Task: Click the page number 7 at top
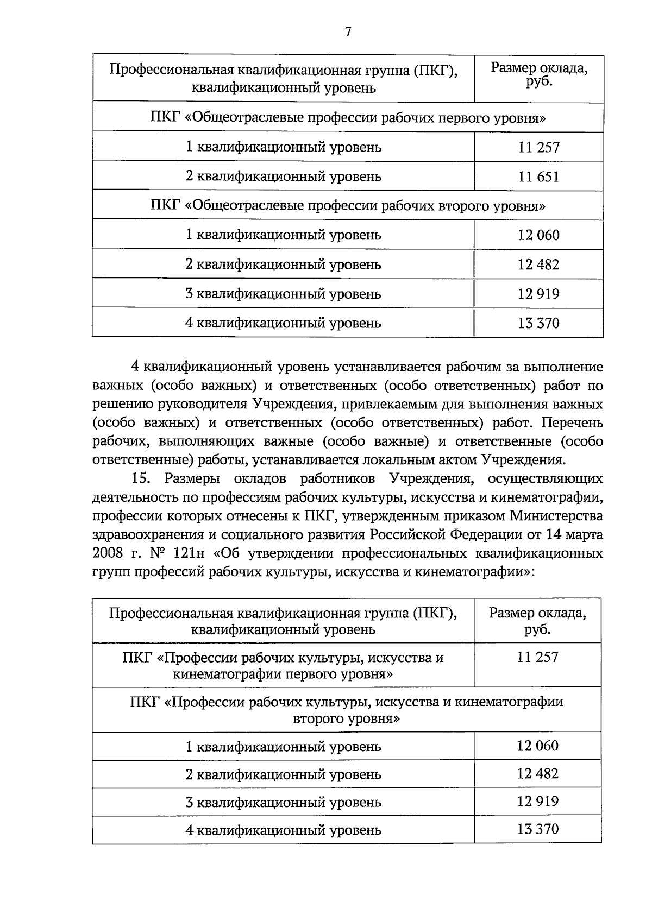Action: (348, 31)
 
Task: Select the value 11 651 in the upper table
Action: (538, 176)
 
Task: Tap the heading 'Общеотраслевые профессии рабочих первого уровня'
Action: (348, 118)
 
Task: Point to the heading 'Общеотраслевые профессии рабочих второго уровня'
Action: (348, 206)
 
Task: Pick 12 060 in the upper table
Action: (538, 235)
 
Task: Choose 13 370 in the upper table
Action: (538, 323)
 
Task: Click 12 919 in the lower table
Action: (537, 802)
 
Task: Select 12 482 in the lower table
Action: (537, 773)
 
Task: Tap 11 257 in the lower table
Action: (537, 657)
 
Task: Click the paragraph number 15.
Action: (140, 478)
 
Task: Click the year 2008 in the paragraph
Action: (109, 553)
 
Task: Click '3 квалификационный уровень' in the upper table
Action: (283, 294)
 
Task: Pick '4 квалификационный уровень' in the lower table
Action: (283, 830)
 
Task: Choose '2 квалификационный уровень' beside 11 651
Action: (283, 176)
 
